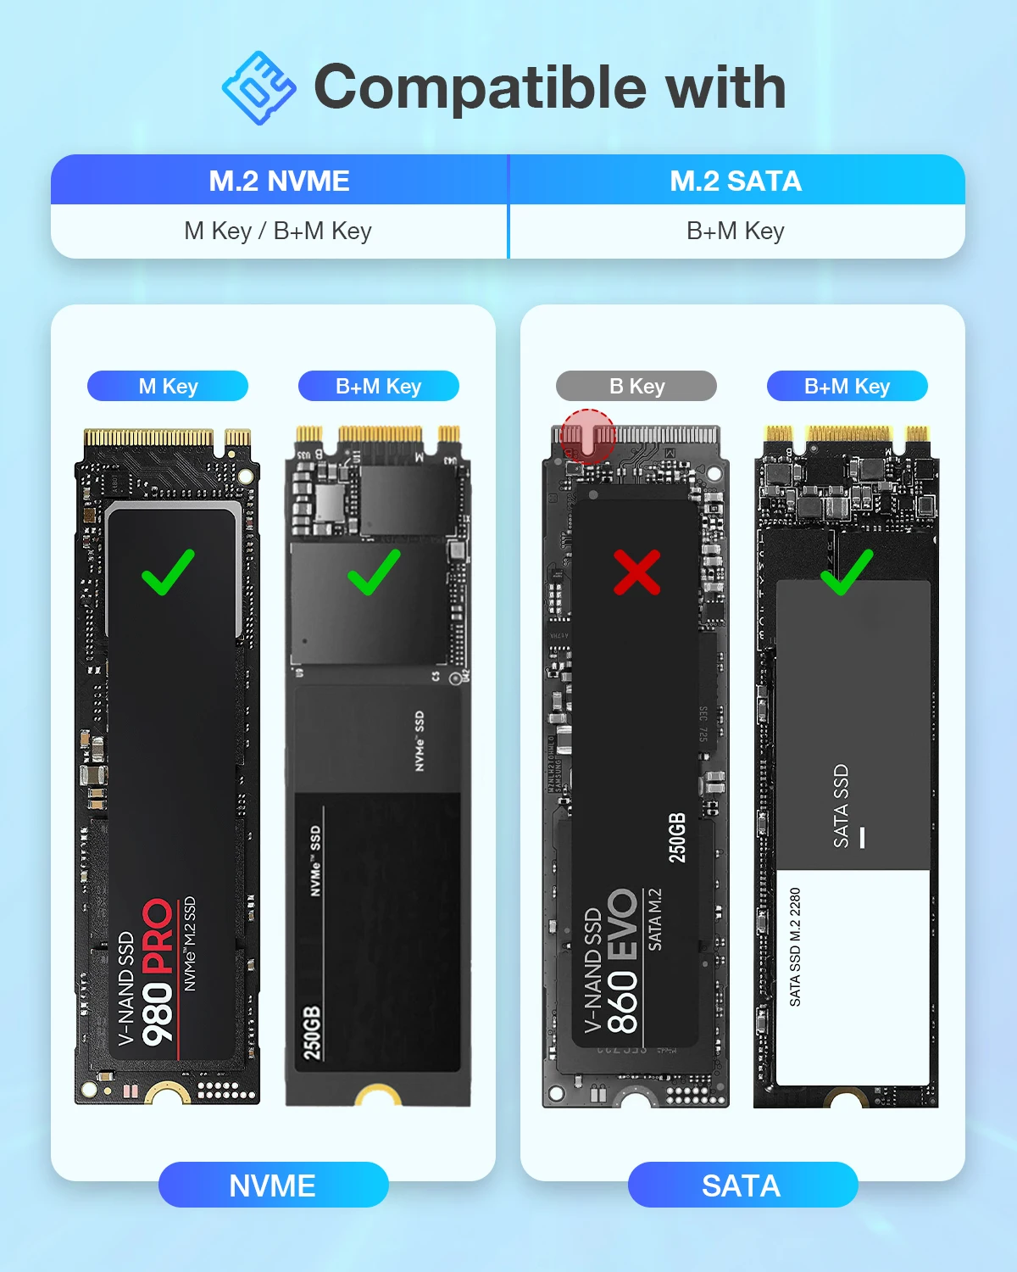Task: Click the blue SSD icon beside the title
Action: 258,88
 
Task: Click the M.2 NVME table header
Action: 279,181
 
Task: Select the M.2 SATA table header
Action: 736,181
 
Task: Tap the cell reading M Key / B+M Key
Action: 278,231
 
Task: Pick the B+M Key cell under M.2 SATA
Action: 736,231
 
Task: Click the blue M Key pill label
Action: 168,386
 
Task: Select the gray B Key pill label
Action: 636,386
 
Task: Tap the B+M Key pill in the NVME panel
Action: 378,386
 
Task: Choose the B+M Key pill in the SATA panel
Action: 847,386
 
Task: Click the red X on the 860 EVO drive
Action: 636,572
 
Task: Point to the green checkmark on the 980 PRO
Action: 168,572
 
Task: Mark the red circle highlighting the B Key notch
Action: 587,436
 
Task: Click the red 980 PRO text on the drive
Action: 158,971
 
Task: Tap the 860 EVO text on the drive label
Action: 623,961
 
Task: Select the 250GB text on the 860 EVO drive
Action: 677,838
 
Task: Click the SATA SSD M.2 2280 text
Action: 795,947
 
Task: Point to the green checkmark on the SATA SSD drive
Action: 846,572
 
